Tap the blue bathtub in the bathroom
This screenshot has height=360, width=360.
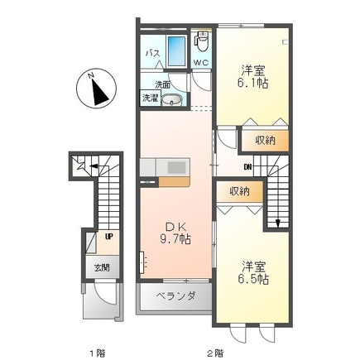tap(177, 51)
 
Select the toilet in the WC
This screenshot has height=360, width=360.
tap(202, 41)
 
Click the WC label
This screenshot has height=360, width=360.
tap(201, 63)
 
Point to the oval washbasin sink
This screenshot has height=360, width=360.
tap(171, 100)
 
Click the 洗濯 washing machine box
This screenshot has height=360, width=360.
tap(150, 98)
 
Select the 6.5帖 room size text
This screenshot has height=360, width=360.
tap(253, 280)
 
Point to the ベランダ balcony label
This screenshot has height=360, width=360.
tap(176, 296)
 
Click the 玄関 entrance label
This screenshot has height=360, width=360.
tap(102, 267)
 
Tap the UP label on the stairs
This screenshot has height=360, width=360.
tap(108, 237)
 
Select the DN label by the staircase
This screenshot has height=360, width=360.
tap(247, 166)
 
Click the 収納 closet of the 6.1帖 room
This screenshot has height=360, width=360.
tap(265, 141)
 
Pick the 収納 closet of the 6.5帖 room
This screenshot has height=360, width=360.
tap(240, 191)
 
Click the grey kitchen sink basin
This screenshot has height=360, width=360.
tap(176, 166)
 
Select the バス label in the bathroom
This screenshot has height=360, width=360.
tap(152, 53)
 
